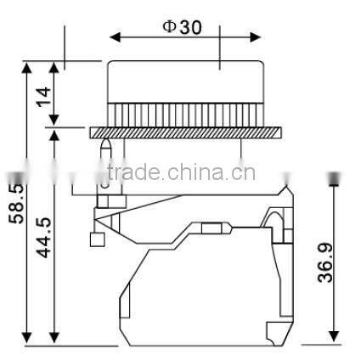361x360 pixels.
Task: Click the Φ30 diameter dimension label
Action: [x=183, y=26]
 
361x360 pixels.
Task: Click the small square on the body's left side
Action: [x=96, y=240]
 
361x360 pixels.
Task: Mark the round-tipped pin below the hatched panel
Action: [x=105, y=157]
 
